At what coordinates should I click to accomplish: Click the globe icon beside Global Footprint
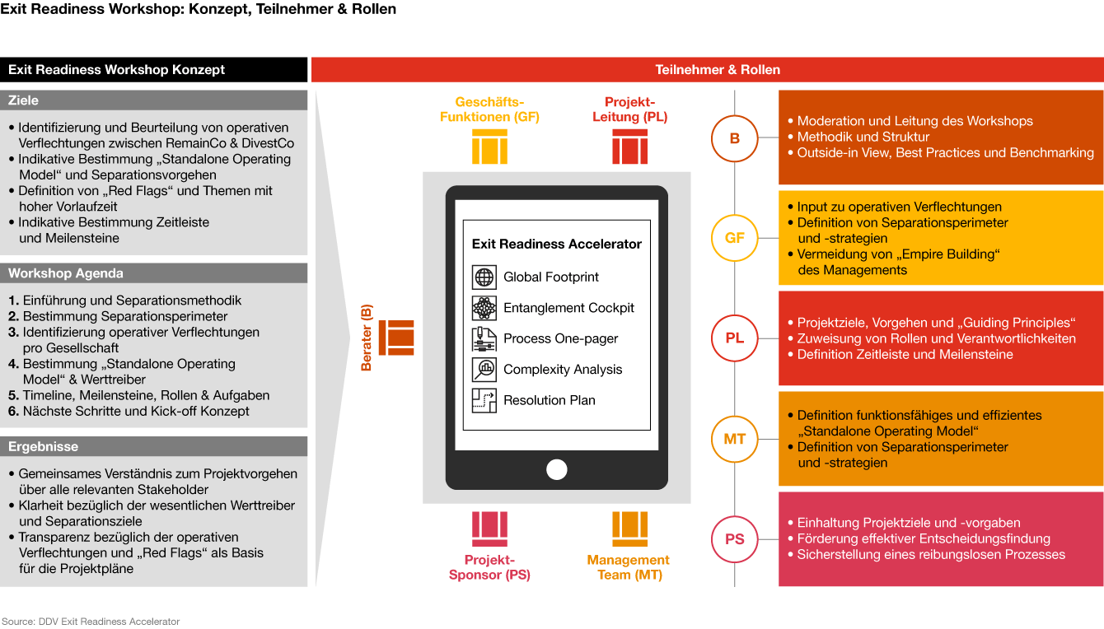484,277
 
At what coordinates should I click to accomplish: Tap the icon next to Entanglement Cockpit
484,308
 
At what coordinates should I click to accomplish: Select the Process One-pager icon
484,339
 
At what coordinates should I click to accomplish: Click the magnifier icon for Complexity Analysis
484,370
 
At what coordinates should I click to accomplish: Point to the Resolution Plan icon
484,400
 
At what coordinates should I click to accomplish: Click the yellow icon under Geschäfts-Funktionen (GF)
489,147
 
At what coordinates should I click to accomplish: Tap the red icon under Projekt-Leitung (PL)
630,147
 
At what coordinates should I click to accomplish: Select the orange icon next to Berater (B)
396,338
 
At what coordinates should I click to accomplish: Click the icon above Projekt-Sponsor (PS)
489,529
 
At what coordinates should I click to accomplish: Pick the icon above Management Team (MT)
630,529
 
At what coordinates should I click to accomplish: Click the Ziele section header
154,100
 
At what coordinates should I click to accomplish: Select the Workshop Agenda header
154,273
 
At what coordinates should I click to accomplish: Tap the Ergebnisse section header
154,446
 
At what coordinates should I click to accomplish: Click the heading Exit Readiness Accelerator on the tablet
556,244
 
